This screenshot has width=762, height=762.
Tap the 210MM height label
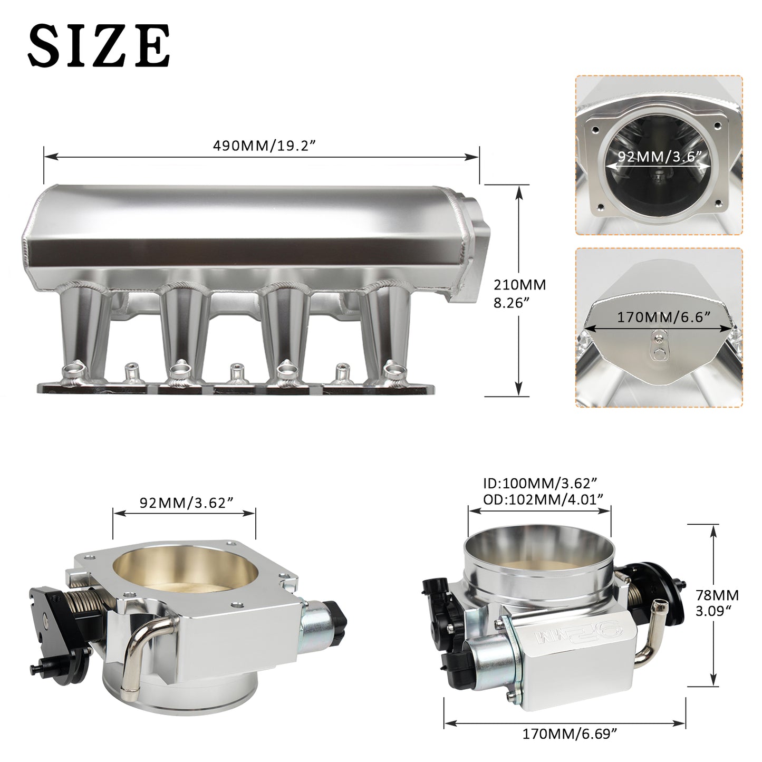coord(519,285)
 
